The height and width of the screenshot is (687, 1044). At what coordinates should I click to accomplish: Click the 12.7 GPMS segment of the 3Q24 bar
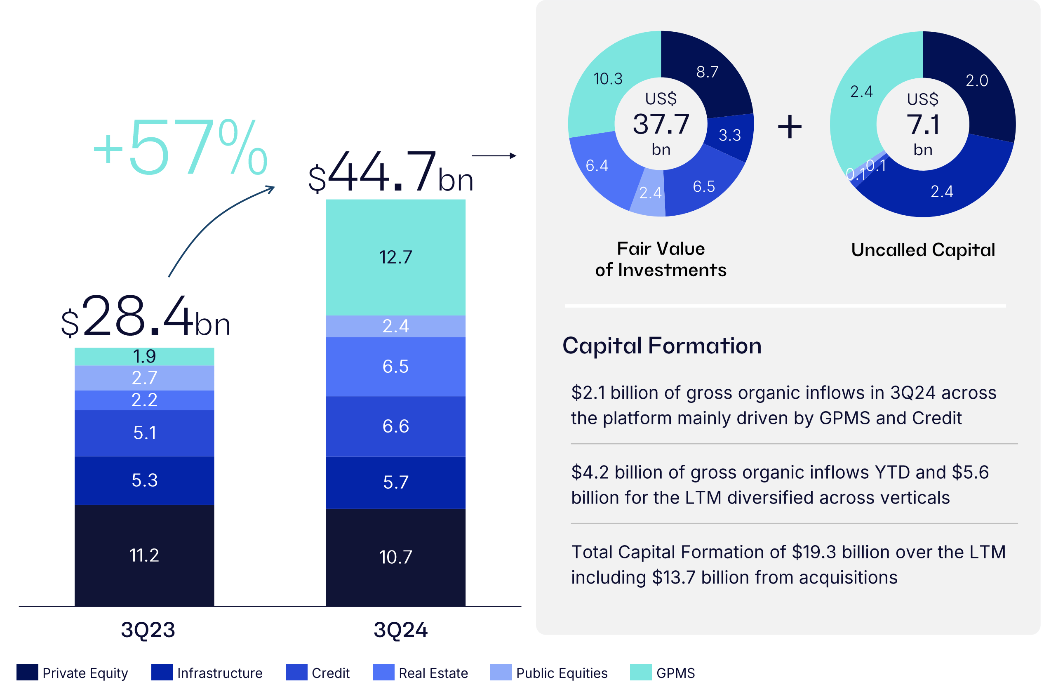(395, 257)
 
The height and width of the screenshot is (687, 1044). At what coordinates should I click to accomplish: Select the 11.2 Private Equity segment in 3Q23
(144, 555)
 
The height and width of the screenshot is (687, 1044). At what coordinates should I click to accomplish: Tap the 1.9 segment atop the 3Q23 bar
(144, 356)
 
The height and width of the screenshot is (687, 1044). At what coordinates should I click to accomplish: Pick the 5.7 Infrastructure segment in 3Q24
(395, 482)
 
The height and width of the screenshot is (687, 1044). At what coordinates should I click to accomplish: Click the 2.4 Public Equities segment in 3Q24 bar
(395, 326)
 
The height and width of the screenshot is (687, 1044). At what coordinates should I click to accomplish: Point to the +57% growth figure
(180, 148)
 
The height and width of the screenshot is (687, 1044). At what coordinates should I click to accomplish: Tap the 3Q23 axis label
(148, 630)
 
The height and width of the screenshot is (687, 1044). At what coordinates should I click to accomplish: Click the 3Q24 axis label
(400, 630)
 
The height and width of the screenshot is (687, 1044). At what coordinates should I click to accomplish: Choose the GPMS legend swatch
(640, 673)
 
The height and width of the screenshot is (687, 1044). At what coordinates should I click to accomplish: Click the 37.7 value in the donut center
(661, 124)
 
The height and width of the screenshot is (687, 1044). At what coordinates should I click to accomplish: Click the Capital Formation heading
(661, 346)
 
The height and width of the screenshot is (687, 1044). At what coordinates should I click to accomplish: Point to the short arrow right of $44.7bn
(494, 156)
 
